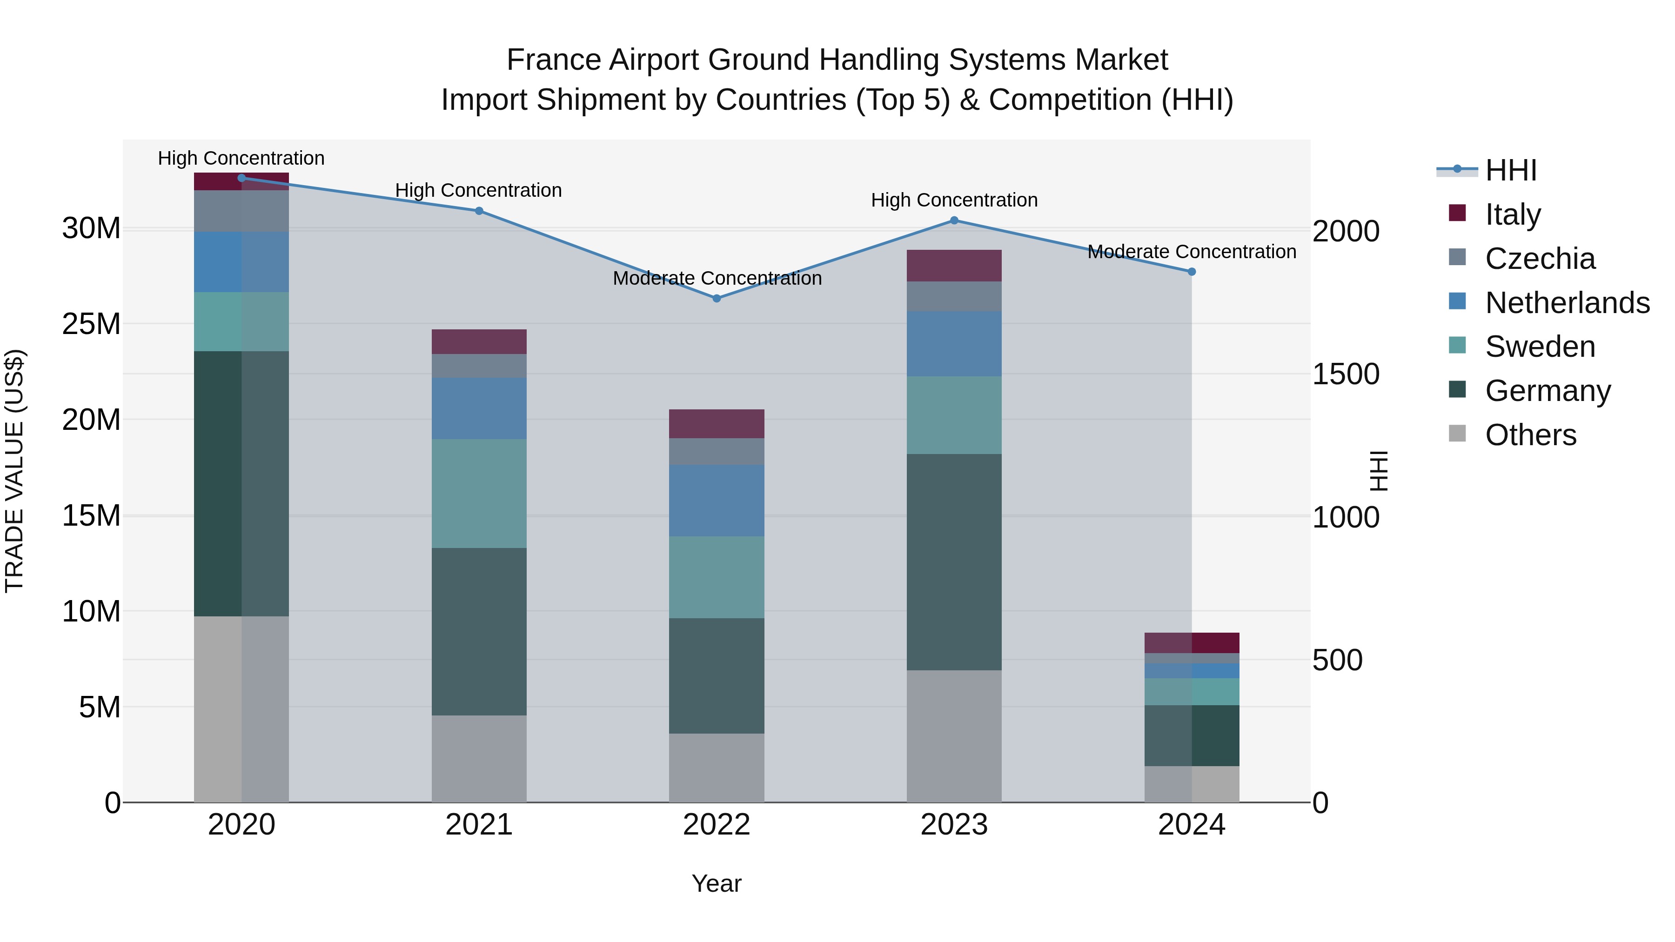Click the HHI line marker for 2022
[x=717, y=298]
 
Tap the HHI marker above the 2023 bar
[x=954, y=220]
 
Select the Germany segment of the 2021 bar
[x=479, y=631]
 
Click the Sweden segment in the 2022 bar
[x=717, y=577]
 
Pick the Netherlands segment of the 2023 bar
[x=954, y=343]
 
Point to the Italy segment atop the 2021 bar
[x=479, y=341]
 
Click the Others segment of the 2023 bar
[x=954, y=736]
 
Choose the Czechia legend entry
[x=1539, y=259]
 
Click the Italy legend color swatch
[x=1457, y=213]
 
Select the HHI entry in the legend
[x=1510, y=170]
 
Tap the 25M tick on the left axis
[x=91, y=324]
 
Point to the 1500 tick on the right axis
[x=1345, y=374]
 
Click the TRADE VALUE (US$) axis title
[x=14, y=471]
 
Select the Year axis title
[x=716, y=883]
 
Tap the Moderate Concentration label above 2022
[x=717, y=278]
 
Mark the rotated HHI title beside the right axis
[x=1378, y=471]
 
